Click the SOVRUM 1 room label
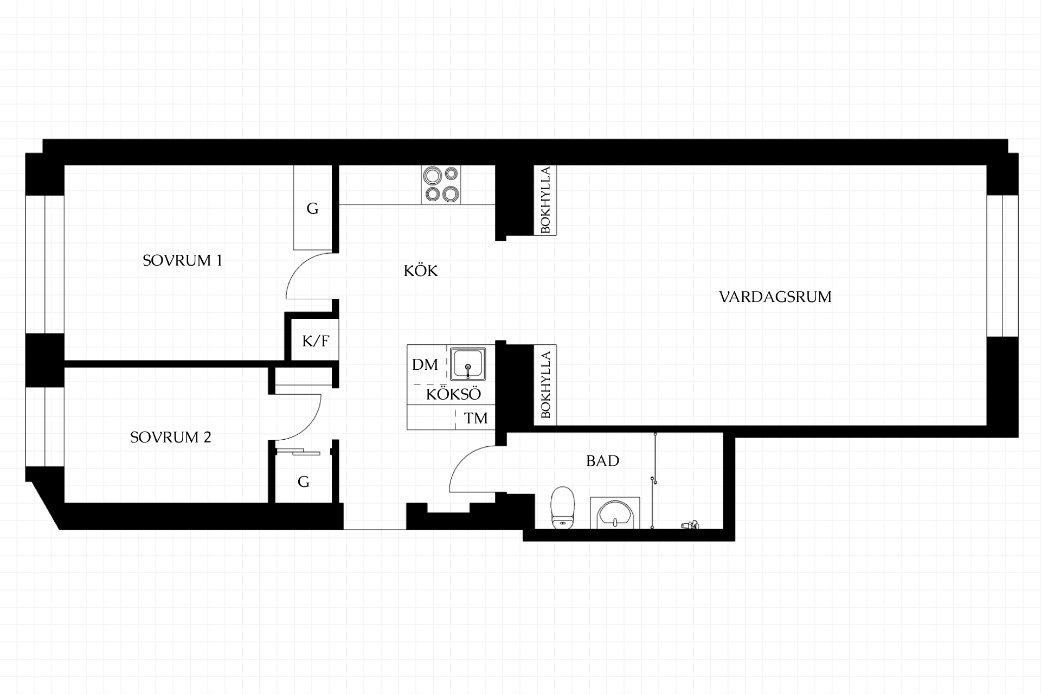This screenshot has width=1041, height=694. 182,261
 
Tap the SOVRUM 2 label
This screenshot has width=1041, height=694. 171,438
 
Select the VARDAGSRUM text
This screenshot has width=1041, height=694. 775,297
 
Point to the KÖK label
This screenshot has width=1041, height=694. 421,270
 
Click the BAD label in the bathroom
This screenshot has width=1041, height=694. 602,461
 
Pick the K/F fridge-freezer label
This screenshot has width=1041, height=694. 316,341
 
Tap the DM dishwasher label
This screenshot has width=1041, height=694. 425,365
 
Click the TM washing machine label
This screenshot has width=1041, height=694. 476,418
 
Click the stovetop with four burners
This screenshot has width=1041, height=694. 441,185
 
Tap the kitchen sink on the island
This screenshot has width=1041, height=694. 468,364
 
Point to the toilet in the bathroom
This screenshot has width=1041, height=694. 562,507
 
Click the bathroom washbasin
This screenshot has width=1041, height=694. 615,513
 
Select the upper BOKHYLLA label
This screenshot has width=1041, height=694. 545,200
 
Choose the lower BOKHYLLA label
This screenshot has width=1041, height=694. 545,385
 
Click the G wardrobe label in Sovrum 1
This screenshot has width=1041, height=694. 312,208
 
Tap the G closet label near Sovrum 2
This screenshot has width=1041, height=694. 304,481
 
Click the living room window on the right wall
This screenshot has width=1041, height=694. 1003,266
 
